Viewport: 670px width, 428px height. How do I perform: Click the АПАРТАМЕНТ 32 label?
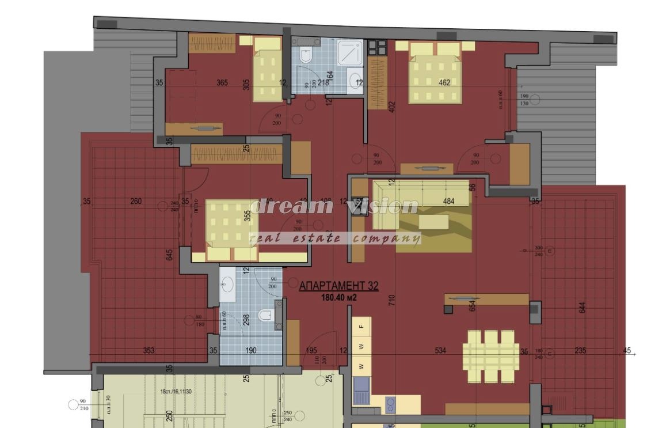pyautogui.click(x=338, y=286)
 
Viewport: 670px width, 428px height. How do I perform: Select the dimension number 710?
pyautogui.click(x=392, y=300)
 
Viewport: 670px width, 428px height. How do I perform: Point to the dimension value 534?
pyautogui.click(x=440, y=351)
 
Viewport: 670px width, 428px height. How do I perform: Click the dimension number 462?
pyautogui.click(x=444, y=82)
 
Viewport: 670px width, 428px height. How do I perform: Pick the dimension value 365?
pyautogui.click(x=222, y=83)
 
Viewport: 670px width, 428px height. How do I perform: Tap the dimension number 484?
pyautogui.click(x=448, y=201)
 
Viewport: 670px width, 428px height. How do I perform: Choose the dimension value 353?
pyautogui.click(x=149, y=351)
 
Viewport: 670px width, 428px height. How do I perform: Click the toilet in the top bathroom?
pyautogui.click(x=306, y=55)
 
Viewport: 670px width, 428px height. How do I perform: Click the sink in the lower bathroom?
pyautogui.click(x=227, y=284)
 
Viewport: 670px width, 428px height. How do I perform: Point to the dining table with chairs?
pyautogui.click(x=491, y=355)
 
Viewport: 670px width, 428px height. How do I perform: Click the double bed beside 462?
pyautogui.click(x=435, y=72)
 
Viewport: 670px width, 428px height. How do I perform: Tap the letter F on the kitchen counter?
pyautogui.click(x=361, y=327)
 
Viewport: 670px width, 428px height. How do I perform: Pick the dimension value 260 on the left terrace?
pyautogui.click(x=136, y=202)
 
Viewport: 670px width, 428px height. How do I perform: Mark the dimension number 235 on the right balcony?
pyautogui.click(x=580, y=351)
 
